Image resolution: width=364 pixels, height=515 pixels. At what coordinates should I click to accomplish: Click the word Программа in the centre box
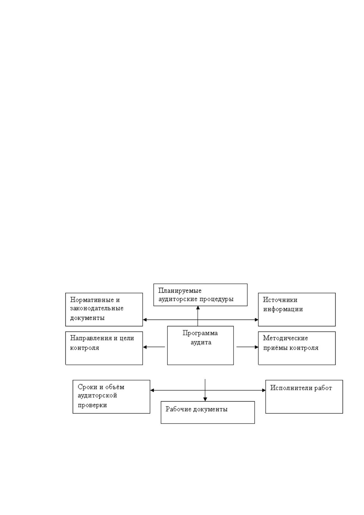pyautogui.click(x=200, y=333)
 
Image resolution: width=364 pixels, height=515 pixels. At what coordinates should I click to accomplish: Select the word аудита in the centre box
pyautogui.click(x=201, y=343)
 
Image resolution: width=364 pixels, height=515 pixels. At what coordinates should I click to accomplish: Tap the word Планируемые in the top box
pyautogui.click(x=180, y=291)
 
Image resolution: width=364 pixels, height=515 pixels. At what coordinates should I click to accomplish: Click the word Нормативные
pyautogui.click(x=92, y=300)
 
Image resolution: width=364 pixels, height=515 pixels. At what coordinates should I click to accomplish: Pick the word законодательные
pyautogui.click(x=97, y=308)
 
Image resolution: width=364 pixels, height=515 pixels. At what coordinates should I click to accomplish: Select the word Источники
pyautogui.click(x=280, y=300)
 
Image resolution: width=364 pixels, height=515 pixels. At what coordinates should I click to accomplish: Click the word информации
pyautogui.click(x=283, y=309)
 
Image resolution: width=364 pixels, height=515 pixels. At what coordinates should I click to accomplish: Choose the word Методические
pyautogui.click(x=285, y=338)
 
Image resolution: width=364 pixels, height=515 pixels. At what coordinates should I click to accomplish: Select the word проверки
pyautogui.click(x=92, y=405)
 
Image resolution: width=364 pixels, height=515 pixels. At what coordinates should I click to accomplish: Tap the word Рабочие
pyautogui.click(x=178, y=409)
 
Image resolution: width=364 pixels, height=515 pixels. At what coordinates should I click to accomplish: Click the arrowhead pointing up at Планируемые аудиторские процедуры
pyautogui.click(x=198, y=308)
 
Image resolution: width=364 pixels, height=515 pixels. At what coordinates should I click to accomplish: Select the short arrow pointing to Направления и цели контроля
pyautogui.click(x=154, y=347)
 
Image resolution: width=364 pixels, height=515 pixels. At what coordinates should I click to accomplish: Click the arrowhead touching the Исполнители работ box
pyautogui.click(x=263, y=390)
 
